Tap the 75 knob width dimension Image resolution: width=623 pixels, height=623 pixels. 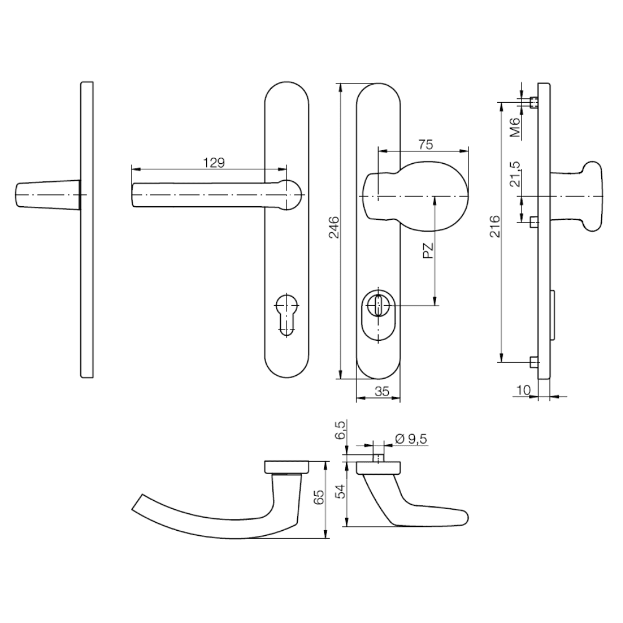pos(425,145)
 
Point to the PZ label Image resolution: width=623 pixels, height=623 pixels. pos(427,251)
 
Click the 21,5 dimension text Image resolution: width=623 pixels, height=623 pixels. pos(515,174)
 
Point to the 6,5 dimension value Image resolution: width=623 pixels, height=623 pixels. pos(340,430)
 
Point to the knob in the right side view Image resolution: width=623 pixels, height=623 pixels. pos(583,196)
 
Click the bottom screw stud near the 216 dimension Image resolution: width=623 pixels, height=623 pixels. pos(533,361)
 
